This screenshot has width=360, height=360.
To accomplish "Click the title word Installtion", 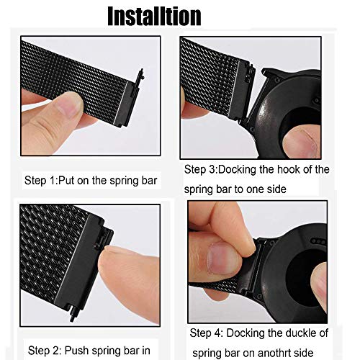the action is [x=154, y=16].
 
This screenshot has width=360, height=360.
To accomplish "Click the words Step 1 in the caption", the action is [x=40, y=181].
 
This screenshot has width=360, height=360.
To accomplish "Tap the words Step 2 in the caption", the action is [x=44, y=351].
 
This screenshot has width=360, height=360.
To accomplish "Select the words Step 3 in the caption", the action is [x=200, y=169].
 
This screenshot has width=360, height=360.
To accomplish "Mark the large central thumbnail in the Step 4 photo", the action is [x=222, y=258].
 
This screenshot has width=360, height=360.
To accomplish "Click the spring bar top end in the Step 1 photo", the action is [x=141, y=72].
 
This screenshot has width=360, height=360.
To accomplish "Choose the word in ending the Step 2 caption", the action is [x=146, y=351].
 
